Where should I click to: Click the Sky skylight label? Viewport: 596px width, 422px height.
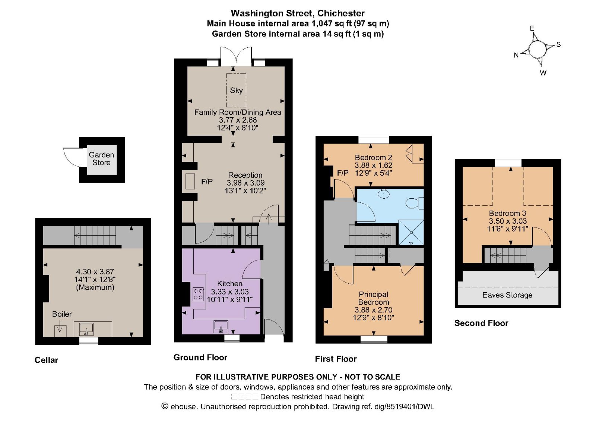click(x=236, y=90)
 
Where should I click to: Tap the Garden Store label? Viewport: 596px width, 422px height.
click(x=101, y=159)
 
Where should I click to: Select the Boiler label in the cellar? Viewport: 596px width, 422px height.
click(x=62, y=314)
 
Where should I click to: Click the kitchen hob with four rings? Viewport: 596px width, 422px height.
click(x=198, y=294)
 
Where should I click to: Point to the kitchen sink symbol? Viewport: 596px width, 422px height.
click(x=221, y=327)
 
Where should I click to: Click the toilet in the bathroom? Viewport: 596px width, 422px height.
click(x=414, y=203)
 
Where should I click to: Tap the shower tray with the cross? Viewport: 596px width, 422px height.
click(x=411, y=232)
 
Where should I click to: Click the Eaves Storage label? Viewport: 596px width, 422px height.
click(x=507, y=295)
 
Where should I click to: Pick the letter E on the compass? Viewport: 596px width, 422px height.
click(x=532, y=28)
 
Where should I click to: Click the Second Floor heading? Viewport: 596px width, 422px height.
click(x=481, y=323)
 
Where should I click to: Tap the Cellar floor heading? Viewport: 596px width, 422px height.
click(x=46, y=360)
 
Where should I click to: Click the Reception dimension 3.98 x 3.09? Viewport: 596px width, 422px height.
click(x=245, y=183)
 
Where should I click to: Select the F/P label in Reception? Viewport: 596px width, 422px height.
click(x=207, y=182)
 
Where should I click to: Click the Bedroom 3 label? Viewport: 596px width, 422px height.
click(x=507, y=213)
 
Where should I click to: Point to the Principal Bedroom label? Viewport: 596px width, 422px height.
click(x=373, y=298)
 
